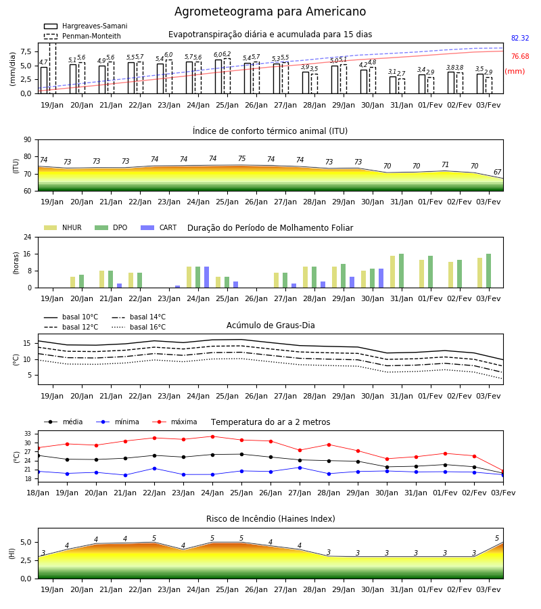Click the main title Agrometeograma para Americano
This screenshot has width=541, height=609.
pyautogui.click(x=270, y=12)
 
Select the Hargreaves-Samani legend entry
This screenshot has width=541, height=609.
pyautogui.click(x=85, y=26)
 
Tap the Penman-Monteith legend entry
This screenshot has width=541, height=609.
pyautogui.click(x=83, y=36)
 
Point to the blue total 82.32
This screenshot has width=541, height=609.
pyautogui.click(x=520, y=38)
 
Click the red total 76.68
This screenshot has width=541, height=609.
pyautogui.click(x=520, y=56)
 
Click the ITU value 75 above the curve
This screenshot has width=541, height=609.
pyautogui.click(x=242, y=158)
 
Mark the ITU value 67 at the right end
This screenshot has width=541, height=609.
pyautogui.click(x=498, y=172)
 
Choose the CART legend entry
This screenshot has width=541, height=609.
pyautogui.click(x=159, y=227)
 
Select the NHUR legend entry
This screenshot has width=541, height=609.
pyautogui.click(x=63, y=227)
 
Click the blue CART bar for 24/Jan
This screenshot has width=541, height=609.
pyautogui.click(x=206, y=277)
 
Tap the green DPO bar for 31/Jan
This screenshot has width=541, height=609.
pyautogui.click(x=401, y=271)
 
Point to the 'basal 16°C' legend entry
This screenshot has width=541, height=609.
pyautogui.click(x=139, y=327)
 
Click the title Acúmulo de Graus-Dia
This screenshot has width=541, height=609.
pyautogui.click(x=270, y=325)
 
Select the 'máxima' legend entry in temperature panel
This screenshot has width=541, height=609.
pyautogui.click(x=174, y=422)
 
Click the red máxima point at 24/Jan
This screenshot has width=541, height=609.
pyautogui.click(x=212, y=436)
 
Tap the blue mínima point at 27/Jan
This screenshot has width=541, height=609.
pyautogui.click(x=300, y=468)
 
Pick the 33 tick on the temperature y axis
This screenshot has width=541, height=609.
pyautogui.click(x=28, y=434)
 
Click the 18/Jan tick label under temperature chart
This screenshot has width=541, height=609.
pyautogui.click(x=38, y=493)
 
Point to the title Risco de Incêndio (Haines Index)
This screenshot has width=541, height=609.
pyautogui.click(x=270, y=519)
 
